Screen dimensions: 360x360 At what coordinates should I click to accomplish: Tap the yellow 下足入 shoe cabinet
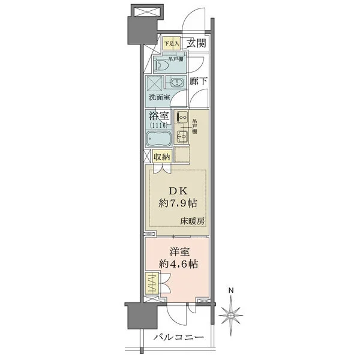pos(172,43)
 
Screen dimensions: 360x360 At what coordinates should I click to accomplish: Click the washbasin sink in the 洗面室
pos(176,83)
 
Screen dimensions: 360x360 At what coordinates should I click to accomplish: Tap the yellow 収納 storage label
pos(161,157)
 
